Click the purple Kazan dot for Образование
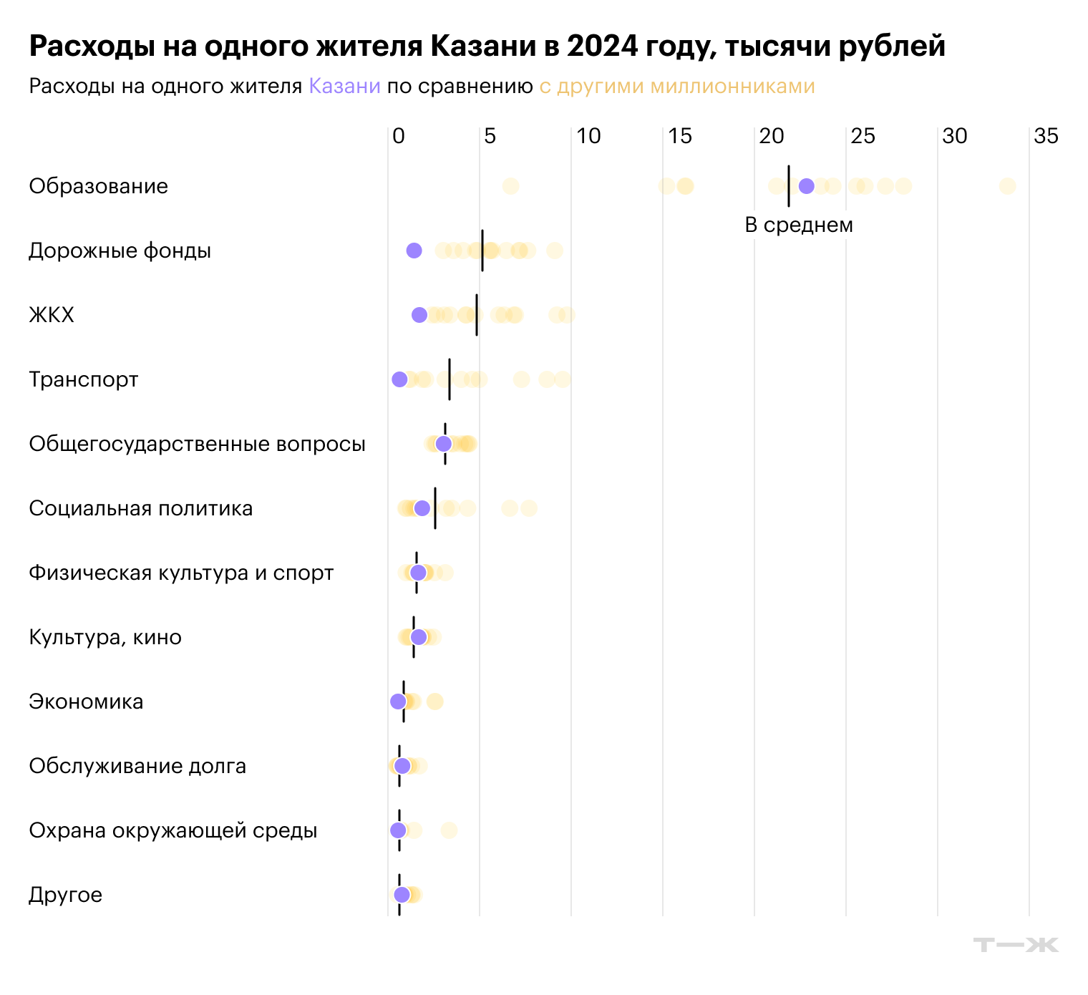click(806, 186)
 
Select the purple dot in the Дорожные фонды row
click(414, 251)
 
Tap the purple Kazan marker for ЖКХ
click(419, 315)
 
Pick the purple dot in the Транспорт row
click(399, 379)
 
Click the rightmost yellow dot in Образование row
click(1007, 186)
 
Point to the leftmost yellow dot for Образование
click(510, 186)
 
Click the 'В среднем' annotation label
click(799, 225)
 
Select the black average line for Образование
click(788, 186)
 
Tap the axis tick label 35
click(1046, 136)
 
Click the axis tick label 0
click(399, 136)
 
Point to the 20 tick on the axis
click(771, 136)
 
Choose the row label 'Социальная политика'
click(140, 508)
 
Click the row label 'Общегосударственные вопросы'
click(197, 444)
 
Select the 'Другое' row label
click(65, 895)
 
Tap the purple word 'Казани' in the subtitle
click(344, 86)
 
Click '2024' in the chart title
click(601, 47)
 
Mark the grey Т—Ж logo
click(1016, 945)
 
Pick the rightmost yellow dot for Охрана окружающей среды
click(449, 830)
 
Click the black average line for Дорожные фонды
click(482, 251)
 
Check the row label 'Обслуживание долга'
click(137, 766)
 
